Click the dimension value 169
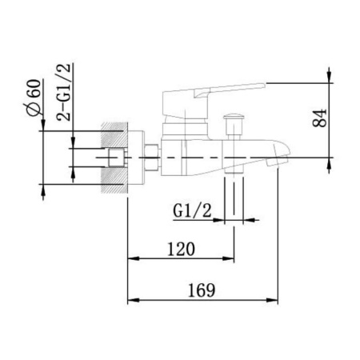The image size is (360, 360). point(202,290)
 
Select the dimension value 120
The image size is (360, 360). point(181,249)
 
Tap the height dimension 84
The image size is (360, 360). point(319,118)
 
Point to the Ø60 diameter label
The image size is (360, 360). point(35,98)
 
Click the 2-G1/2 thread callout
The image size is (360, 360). point(64,92)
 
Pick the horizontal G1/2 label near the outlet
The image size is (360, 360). point(192,210)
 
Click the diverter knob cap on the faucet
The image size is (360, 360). point(234,117)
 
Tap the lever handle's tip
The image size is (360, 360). point(265,85)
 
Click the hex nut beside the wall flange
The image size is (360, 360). point(152,158)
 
